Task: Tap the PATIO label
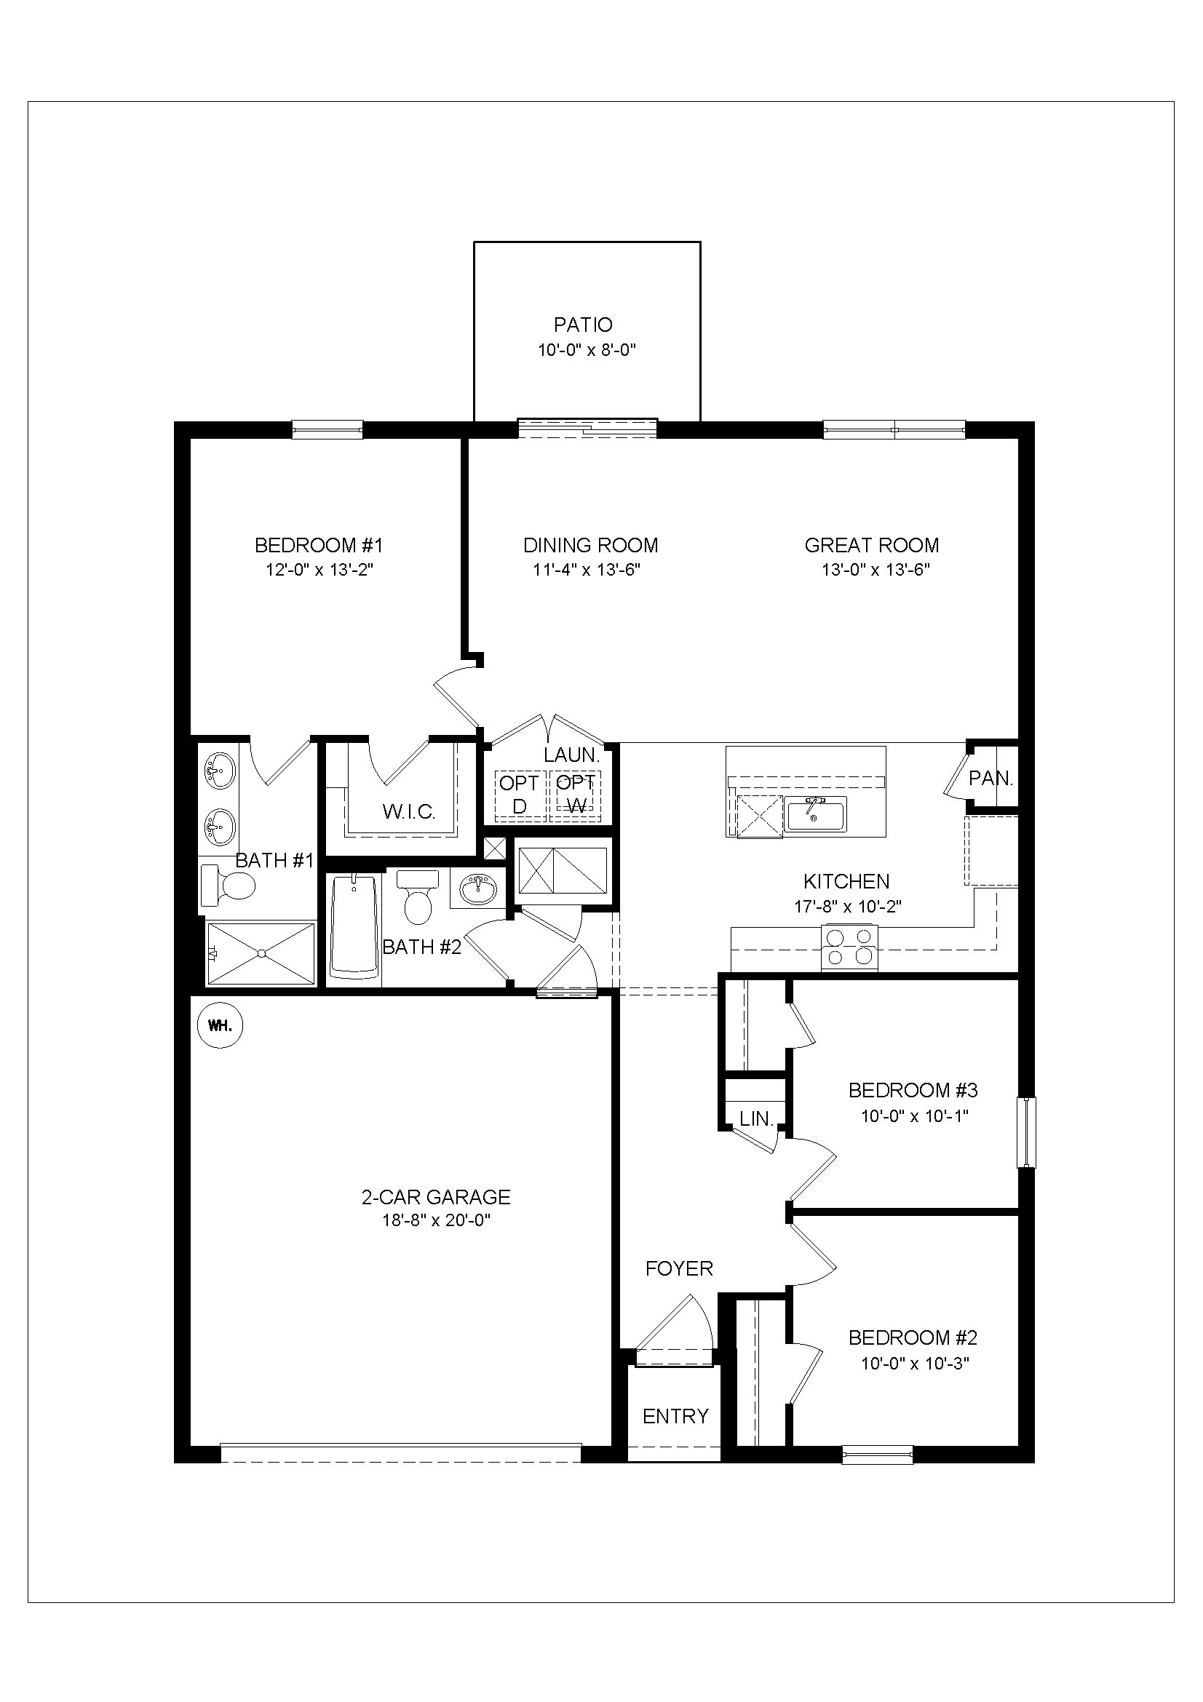[584, 325]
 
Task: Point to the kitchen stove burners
[849, 947]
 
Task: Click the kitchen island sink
[815, 814]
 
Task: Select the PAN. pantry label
[990, 779]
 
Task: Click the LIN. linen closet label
[756, 1118]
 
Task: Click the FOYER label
[679, 1268]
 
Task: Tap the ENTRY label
[675, 1417]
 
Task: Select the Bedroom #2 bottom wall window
[877, 1455]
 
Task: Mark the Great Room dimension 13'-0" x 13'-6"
[876, 569]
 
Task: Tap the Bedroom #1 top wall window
[327, 429]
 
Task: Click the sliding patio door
[587, 428]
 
